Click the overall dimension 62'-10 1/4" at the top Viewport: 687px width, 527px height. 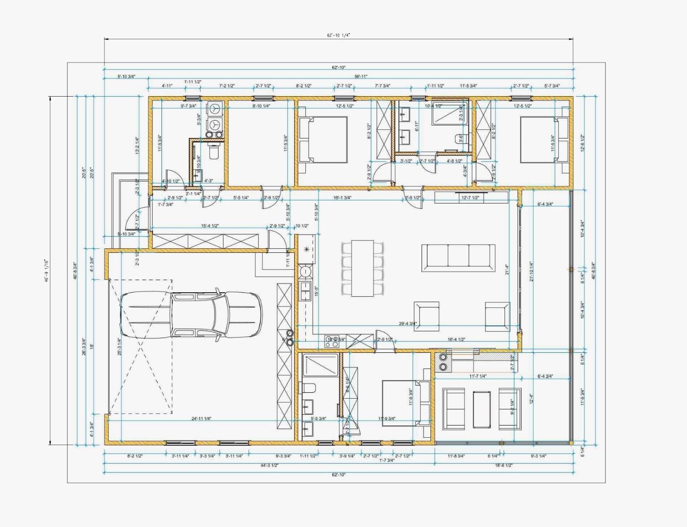[x=339, y=35]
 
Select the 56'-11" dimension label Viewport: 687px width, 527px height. [x=361, y=76]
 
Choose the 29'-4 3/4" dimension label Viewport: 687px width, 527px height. [x=407, y=323]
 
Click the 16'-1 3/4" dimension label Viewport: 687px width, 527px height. [x=343, y=198]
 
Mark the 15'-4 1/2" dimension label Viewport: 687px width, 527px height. [x=210, y=225]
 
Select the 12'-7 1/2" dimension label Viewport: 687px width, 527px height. [x=470, y=198]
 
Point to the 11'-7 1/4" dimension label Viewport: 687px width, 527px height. [x=478, y=376]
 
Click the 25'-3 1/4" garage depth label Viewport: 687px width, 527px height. [x=119, y=347]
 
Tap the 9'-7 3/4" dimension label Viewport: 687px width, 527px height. [x=188, y=105]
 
